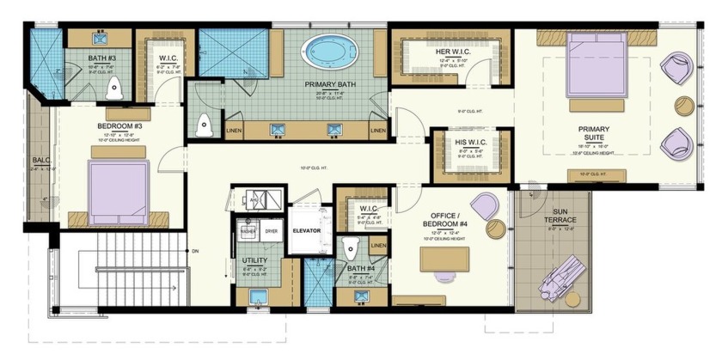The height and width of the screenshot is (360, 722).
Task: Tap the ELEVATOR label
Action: [x=306, y=230]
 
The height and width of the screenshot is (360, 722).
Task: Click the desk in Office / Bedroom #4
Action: [x=443, y=258]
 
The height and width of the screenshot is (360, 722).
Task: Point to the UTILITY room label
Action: [x=254, y=260]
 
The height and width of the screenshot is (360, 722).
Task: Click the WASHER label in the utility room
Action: [x=248, y=231]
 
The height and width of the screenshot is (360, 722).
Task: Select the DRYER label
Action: [x=271, y=231]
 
